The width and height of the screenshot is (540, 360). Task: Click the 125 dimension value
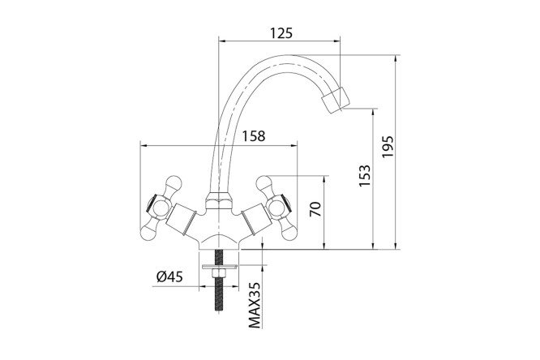tap(281, 33)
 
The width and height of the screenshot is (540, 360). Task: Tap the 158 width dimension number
tap(254, 136)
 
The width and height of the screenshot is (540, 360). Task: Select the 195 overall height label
tap(388, 147)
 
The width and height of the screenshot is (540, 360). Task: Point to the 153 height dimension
tap(365, 176)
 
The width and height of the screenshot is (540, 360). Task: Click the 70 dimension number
tap(315, 208)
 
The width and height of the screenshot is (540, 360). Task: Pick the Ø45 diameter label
tap(169, 276)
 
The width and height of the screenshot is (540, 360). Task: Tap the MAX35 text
tap(255, 305)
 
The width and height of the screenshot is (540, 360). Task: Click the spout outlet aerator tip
tap(335, 101)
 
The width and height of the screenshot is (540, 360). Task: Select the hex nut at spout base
tap(218, 202)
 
